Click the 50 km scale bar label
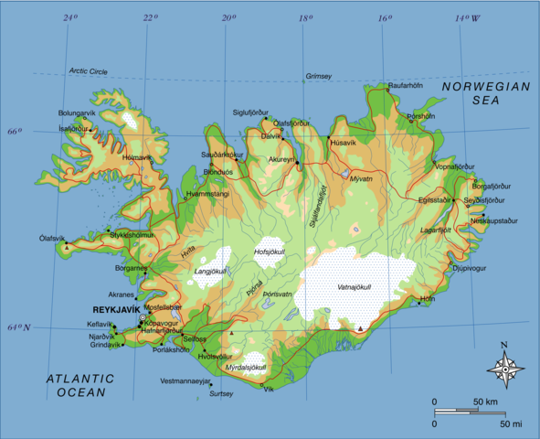coord(484,402)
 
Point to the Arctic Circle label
coord(89,71)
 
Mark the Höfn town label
coord(428,299)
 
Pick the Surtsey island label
coord(221,393)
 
